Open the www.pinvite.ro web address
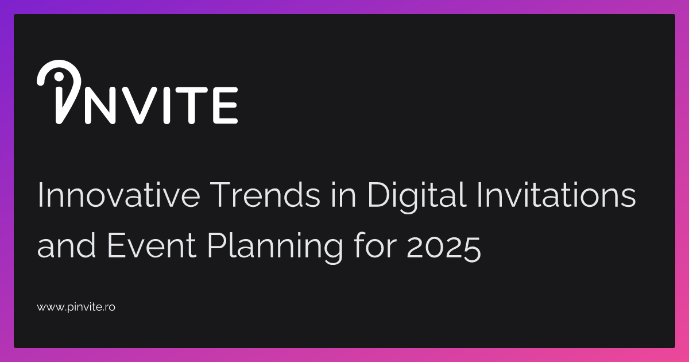pyautogui.click(x=76, y=307)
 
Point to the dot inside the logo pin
pyautogui.click(x=57, y=78)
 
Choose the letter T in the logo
pyautogui.click(x=193, y=105)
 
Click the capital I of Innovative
pyautogui.click(x=41, y=197)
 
